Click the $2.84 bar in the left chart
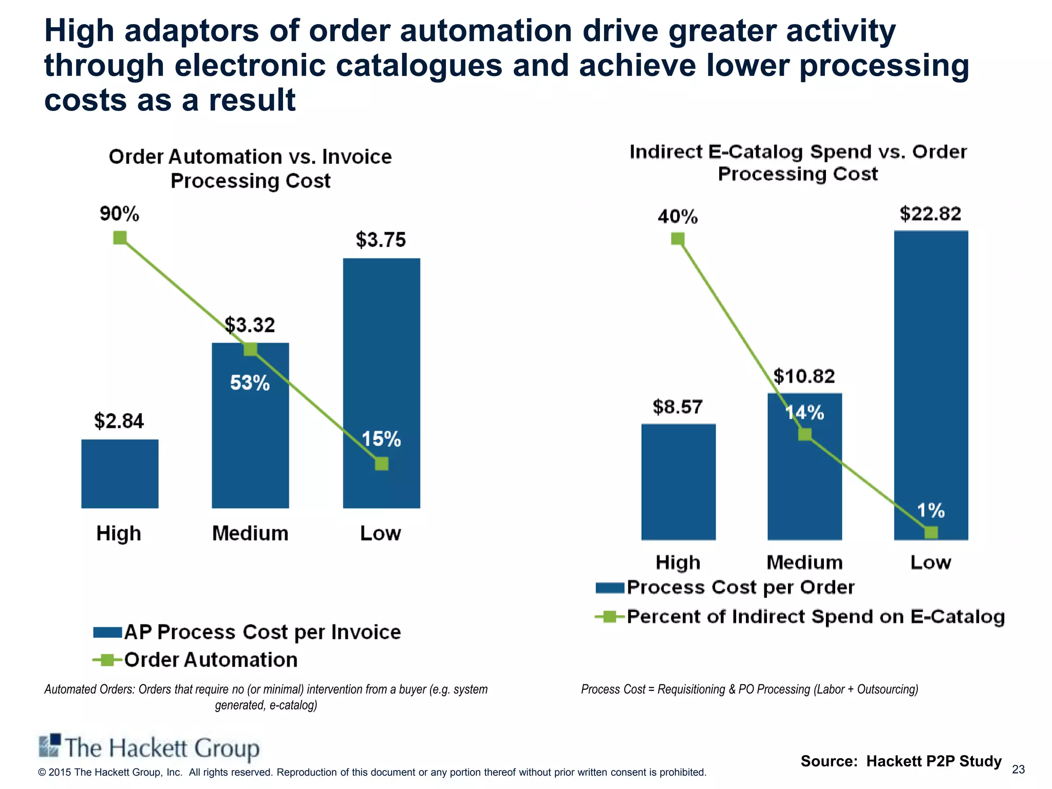click(x=120, y=474)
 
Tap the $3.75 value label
click(x=381, y=240)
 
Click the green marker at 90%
click(x=120, y=238)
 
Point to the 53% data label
click(x=250, y=383)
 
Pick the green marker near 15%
click(x=381, y=464)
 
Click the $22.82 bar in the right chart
click(x=931, y=385)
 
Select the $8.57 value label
click(x=677, y=407)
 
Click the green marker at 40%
click(x=678, y=239)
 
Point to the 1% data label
click(x=931, y=511)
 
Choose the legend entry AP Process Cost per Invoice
click(x=247, y=632)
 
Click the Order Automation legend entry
click(x=195, y=660)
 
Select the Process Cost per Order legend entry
click(x=724, y=587)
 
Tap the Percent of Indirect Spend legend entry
click(x=799, y=616)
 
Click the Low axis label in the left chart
click(x=380, y=533)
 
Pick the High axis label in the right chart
click(x=678, y=562)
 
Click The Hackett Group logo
click(x=149, y=748)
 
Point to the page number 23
click(x=1018, y=769)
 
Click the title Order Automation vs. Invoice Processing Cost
click(x=250, y=168)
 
